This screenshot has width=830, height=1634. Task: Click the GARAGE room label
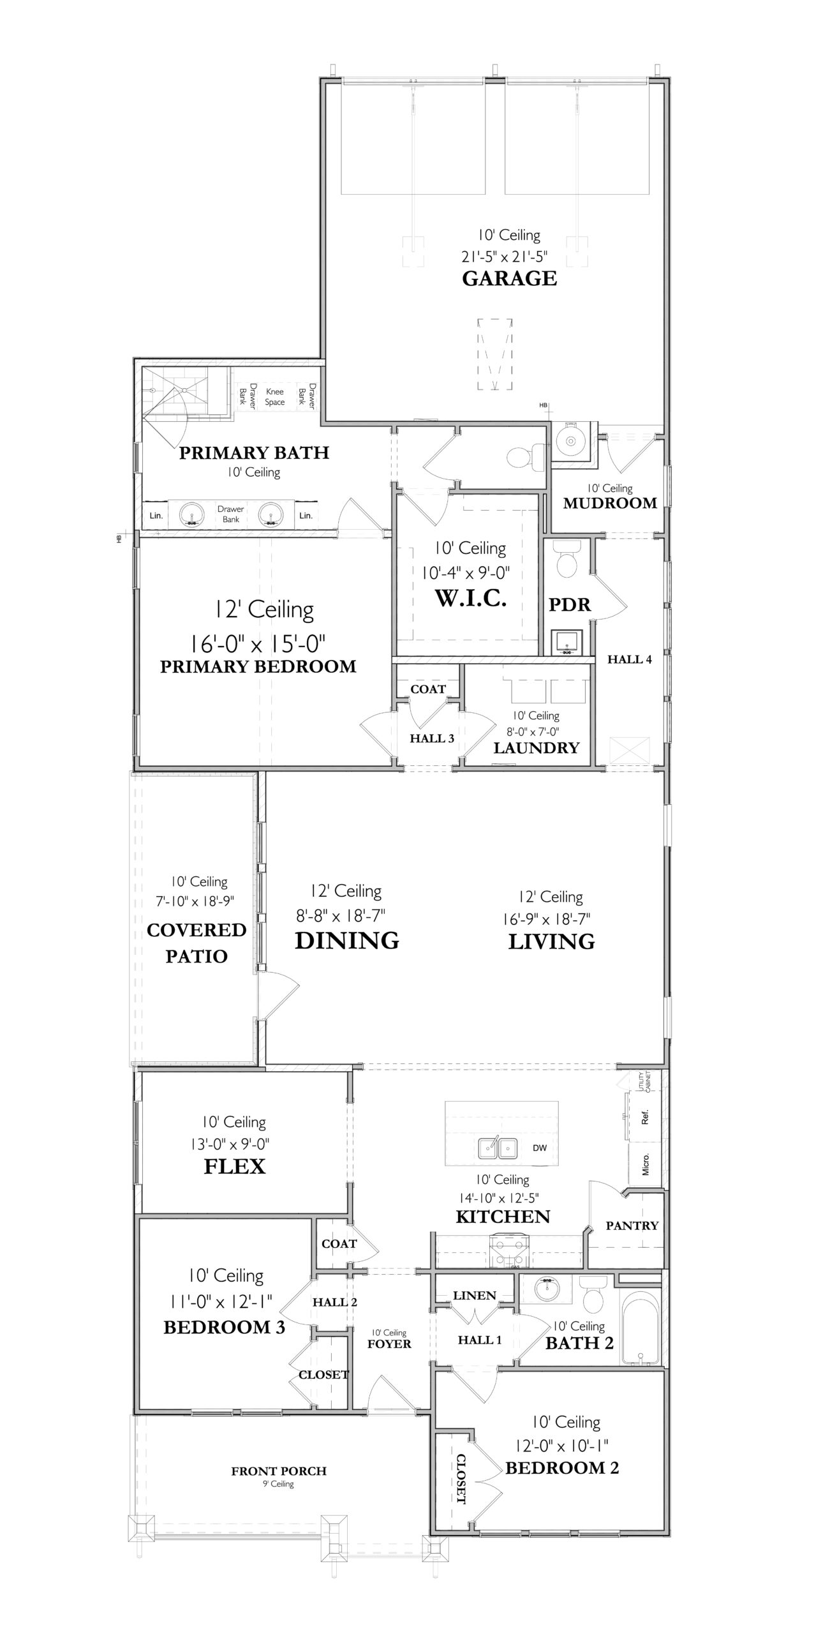click(x=509, y=279)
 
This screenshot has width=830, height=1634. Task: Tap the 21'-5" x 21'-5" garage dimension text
click(x=505, y=257)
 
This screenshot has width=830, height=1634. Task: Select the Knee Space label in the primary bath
click(x=274, y=397)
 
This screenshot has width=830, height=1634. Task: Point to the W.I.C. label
click(x=470, y=598)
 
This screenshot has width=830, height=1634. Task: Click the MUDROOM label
click(x=610, y=503)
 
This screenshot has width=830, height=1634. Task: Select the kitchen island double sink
click(x=498, y=1147)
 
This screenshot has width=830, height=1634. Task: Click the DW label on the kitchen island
click(x=540, y=1148)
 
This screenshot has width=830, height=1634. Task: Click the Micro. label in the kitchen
click(x=646, y=1164)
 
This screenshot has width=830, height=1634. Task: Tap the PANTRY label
click(x=632, y=1225)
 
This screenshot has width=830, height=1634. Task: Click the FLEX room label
click(x=234, y=1166)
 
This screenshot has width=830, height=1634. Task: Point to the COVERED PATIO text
click(x=196, y=943)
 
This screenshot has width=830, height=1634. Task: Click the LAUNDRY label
click(x=536, y=747)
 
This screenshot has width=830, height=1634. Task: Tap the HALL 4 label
click(x=629, y=659)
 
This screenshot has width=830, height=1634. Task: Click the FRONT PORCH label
click(x=279, y=1471)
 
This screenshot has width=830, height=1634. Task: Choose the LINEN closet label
click(x=474, y=1295)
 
